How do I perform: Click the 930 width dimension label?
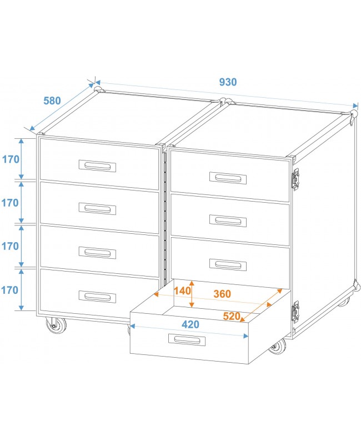tap(228, 82)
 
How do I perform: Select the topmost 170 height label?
tap(10, 159)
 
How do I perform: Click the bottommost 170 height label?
tap(10, 289)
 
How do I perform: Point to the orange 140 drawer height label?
tap(182, 290)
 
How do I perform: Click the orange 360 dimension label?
tap(221, 293)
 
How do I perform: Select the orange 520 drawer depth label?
tap(232, 317)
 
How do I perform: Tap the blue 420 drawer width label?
tap(190, 325)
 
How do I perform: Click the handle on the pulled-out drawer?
tap(189, 339)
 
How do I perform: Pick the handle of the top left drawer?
tap(98, 166)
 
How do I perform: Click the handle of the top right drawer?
tap(228, 178)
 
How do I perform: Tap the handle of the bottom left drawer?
tap(97, 297)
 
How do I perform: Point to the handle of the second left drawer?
tap(98, 209)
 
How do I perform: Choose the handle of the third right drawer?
tap(228, 264)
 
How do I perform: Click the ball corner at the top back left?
tap(99, 89)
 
